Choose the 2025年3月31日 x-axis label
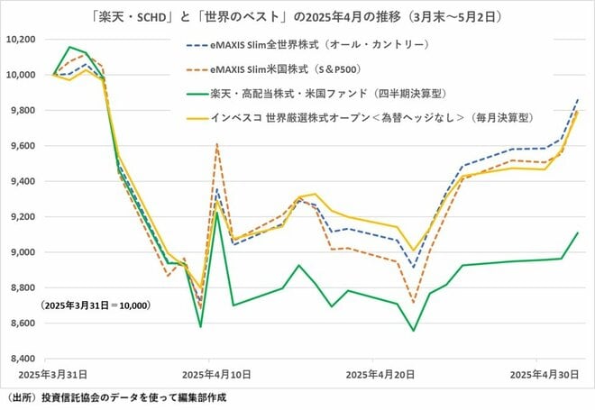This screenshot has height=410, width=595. click(52, 373)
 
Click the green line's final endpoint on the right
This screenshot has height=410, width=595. click(578, 232)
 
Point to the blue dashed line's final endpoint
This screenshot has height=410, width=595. click(578, 99)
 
